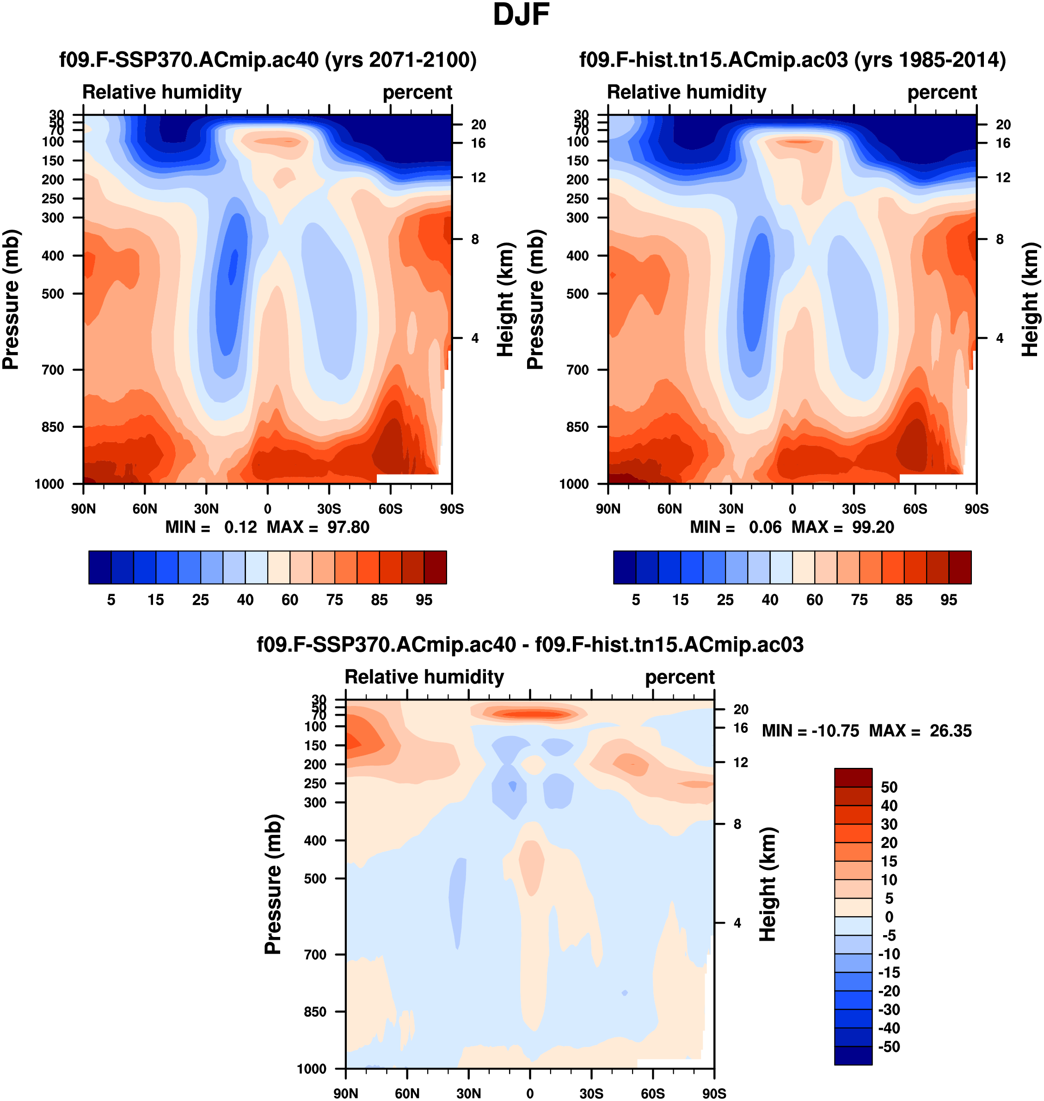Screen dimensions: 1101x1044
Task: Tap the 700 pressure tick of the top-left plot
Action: [53, 370]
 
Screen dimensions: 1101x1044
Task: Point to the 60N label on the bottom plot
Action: [407, 1093]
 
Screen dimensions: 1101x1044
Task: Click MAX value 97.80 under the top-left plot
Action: [348, 527]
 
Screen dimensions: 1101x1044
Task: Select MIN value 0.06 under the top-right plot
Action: [765, 527]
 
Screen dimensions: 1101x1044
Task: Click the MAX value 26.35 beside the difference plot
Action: [951, 730]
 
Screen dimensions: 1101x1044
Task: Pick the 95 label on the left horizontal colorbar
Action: [424, 599]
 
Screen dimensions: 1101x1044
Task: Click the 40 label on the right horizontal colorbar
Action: [770, 599]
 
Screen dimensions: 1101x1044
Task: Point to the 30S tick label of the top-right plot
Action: [854, 509]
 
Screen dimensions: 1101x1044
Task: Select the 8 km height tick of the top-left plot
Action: [475, 239]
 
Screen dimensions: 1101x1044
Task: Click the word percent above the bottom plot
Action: [680, 677]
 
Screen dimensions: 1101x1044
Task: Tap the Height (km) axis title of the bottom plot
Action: [768, 884]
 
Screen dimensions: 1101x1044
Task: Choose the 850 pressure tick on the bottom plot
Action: [315, 1011]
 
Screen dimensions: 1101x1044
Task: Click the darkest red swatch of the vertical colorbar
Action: [853, 778]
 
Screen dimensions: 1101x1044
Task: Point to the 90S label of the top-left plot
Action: [451, 509]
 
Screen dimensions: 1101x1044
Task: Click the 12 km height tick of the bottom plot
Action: [740, 762]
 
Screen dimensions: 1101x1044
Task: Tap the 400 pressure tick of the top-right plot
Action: [577, 256]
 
